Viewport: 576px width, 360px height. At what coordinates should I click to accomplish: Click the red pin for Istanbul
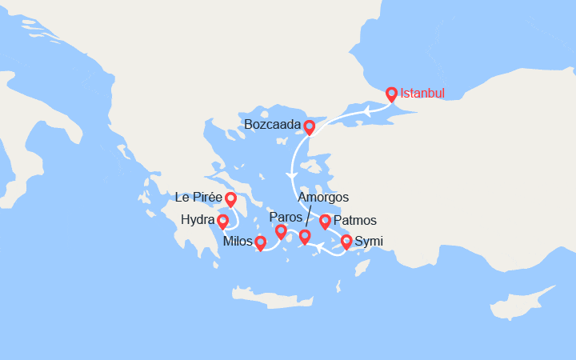click(391, 94)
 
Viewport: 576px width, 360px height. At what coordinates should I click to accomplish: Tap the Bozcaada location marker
click(309, 126)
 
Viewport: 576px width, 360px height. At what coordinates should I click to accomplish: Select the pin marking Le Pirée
click(230, 199)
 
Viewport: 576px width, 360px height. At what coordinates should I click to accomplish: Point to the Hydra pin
click(223, 222)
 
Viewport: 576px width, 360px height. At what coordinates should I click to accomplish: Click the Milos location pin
click(260, 242)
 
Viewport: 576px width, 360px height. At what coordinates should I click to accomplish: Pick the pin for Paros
click(281, 232)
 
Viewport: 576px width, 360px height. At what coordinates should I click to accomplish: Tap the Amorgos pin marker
click(305, 237)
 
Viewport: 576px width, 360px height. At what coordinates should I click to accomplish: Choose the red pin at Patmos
click(325, 222)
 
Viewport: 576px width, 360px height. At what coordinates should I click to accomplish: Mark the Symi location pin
click(346, 242)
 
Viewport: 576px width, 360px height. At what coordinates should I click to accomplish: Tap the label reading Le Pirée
click(198, 198)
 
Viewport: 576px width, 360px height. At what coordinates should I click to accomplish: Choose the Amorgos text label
click(323, 198)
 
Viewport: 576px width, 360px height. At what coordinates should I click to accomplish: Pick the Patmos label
click(355, 221)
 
